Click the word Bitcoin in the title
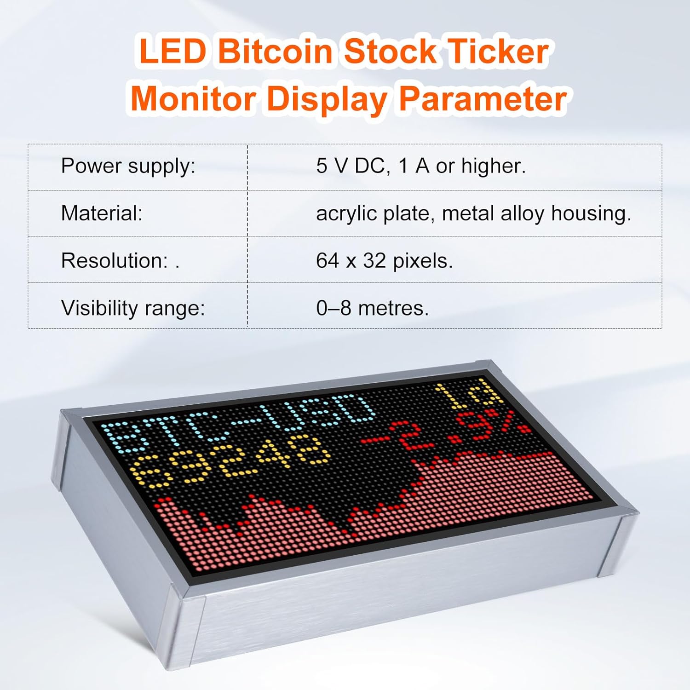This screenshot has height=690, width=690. tap(275, 51)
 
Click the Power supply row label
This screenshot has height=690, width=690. tap(128, 166)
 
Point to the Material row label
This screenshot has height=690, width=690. tap(102, 213)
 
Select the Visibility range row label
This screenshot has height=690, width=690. tap(133, 308)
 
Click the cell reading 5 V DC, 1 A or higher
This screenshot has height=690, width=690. tap(420, 166)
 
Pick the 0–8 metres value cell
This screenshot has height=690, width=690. tap(372, 308)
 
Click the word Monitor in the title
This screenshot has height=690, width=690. tap(193, 99)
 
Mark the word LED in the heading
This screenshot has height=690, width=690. tap(172, 51)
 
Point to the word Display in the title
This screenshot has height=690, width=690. tap(327, 99)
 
